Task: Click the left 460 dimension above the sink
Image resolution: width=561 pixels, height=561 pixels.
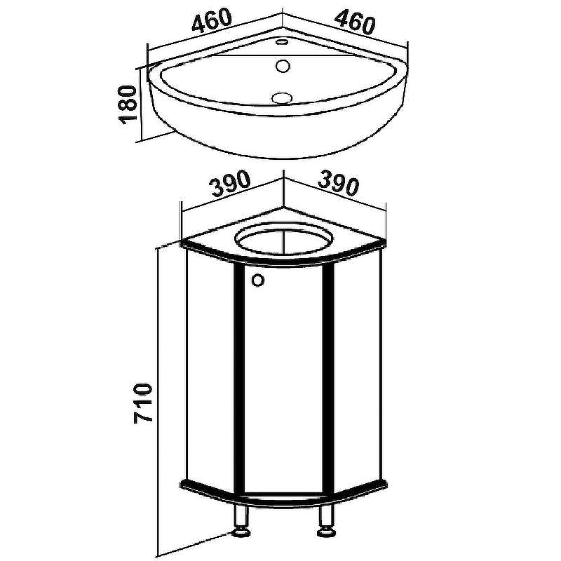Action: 212,20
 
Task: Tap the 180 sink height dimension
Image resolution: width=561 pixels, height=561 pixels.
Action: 128,104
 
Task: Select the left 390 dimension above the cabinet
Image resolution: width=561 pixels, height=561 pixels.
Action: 229,184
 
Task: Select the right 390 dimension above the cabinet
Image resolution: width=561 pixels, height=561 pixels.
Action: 338,183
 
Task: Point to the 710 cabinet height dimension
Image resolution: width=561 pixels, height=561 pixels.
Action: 143,403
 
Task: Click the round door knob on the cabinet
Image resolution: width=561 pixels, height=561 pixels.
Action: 257,280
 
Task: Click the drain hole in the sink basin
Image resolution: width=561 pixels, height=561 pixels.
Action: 283,97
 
